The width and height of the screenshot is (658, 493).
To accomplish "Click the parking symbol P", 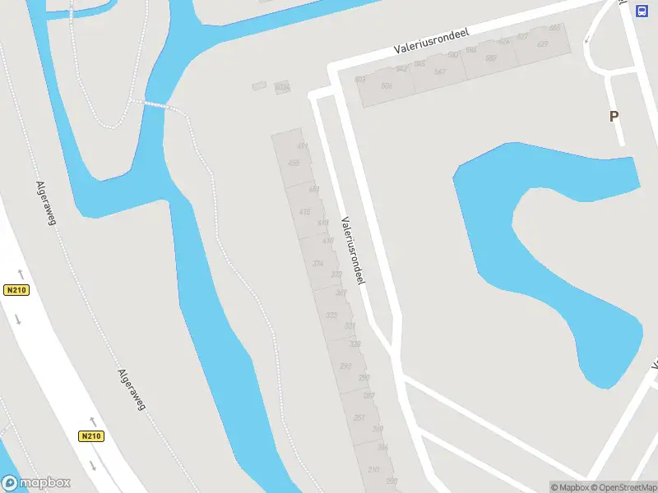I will coord(614,117).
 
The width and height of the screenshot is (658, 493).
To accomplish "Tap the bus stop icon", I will coord(642,11).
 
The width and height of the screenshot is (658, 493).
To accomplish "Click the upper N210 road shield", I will coord(16,290).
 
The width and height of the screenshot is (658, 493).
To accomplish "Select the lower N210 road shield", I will coord(91,436).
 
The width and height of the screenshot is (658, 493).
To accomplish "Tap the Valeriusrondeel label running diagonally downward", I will coord(352,251).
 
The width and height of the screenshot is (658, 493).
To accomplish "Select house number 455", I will coord(294,163).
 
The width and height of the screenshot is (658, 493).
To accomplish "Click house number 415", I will coord(305,213).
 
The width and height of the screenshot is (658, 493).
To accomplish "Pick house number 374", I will coord(317,264).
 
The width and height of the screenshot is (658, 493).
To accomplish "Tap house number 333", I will coord(331,316).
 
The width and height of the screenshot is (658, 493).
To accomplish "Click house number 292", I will coord(345,366).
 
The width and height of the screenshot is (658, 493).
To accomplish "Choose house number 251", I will coord(359,418).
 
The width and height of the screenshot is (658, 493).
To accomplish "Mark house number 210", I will coord(373,469).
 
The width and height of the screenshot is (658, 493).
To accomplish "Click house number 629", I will coord(542,44).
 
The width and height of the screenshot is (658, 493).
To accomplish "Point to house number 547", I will coord(439,72).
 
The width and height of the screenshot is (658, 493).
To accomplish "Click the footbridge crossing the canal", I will coord(155,104).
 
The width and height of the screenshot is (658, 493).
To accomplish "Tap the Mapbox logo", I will coord(35,483).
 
